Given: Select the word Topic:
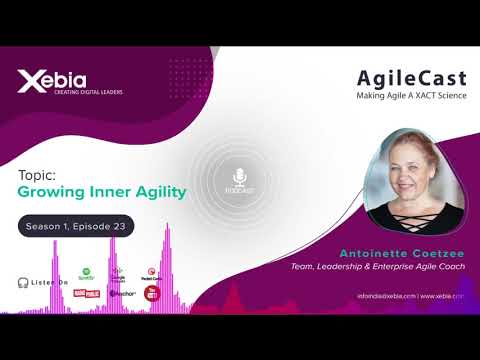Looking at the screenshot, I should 36,174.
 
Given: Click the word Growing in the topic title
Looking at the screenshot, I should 49,192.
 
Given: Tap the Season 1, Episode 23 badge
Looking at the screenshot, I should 76,227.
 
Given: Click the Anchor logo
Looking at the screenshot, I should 119,294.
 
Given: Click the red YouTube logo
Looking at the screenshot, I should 152,293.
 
